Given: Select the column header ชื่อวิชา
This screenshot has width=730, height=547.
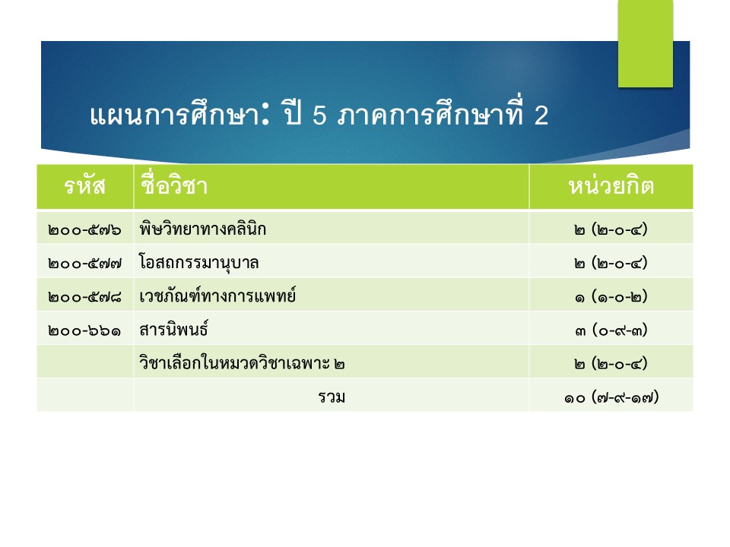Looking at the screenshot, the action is (x=173, y=185).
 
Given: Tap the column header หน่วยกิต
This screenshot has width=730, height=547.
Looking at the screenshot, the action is (x=611, y=185).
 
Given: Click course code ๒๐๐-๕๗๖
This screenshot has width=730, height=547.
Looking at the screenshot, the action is (x=84, y=229).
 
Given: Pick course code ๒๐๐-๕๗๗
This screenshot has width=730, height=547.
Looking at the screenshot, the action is (x=84, y=264).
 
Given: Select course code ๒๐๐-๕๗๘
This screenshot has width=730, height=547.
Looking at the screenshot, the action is (x=84, y=297).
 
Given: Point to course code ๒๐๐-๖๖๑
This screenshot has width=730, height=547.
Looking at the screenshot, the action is (x=84, y=330).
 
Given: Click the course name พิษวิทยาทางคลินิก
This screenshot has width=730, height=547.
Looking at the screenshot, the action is (x=202, y=229).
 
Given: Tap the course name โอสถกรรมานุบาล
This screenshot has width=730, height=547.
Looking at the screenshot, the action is (x=198, y=263).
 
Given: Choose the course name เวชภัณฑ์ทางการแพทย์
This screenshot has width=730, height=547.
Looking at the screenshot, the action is (x=217, y=296).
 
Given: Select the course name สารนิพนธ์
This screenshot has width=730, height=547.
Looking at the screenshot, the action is (x=173, y=329).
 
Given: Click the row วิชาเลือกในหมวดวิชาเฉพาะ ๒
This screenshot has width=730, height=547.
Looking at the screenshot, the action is (x=242, y=362).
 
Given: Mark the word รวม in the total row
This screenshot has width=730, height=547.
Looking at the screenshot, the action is (x=332, y=397).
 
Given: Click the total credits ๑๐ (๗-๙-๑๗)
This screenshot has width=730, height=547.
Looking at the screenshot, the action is (x=611, y=397).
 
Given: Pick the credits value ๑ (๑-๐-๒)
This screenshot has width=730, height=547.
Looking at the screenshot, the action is (x=611, y=297).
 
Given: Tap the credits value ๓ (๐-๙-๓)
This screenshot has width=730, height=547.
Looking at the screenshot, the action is (x=611, y=330).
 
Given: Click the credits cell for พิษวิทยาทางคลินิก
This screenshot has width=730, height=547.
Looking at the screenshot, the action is (x=611, y=229).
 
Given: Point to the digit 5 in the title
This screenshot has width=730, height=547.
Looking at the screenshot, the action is (x=319, y=115).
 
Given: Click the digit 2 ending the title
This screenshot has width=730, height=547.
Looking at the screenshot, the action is (x=541, y=115).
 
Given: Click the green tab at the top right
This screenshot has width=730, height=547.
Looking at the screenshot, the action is (x=646, y=43).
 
